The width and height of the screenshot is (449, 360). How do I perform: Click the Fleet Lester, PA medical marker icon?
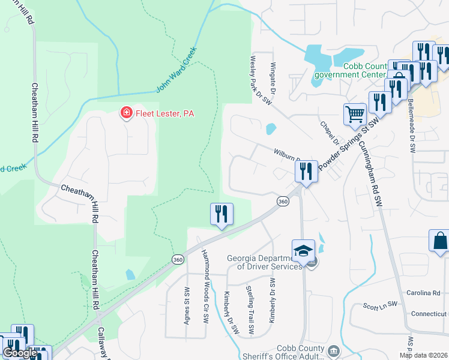(126, 113)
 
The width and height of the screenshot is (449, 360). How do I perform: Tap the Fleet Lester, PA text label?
(164, 113)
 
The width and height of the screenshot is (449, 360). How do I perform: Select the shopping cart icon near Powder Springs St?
(355, 113)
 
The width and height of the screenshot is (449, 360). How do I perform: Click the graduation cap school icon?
(303, 250)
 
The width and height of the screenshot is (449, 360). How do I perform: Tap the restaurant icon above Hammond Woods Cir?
(221, 213)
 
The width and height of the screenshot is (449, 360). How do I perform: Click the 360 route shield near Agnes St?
(177, 260)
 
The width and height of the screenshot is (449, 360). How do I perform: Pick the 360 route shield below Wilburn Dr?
(283, 202)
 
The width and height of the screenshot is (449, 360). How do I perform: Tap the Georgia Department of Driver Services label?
(264, 262)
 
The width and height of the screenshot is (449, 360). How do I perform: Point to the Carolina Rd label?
(427, 293)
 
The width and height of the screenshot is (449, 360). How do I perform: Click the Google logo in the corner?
(20, 353)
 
